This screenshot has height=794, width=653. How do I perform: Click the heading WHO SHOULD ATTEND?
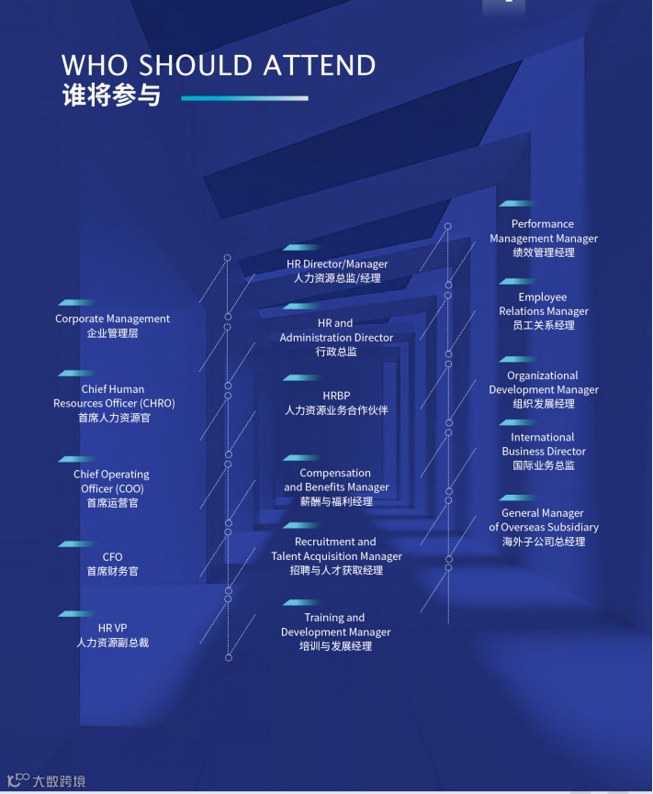(219, 66)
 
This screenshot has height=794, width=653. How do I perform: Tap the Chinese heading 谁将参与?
(112, 96)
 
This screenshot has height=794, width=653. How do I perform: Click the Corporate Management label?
(112, 319)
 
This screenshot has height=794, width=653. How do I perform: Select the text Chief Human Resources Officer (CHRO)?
(114, 397)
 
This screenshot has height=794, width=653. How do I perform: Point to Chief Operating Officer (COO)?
(112, 482)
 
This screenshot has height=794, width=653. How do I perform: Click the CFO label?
(112, 557)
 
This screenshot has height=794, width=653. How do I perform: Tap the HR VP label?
(112, 628)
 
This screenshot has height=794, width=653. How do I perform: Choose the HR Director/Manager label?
(337, 264)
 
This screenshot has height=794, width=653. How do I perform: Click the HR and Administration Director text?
(336, 330)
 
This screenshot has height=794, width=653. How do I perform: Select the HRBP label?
(336, 396)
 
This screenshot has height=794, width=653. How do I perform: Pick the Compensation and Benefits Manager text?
(336, 480)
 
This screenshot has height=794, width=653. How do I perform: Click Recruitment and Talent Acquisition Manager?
(336, 549)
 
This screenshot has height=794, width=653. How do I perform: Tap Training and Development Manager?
(335, 625)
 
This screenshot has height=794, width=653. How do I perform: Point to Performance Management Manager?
(543, 231)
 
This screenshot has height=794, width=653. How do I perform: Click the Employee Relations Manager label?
(543, 304)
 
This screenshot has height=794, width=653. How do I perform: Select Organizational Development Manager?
(543, 383)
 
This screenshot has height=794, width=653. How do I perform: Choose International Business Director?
(543, 444)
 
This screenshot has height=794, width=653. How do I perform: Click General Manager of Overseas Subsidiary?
(543, 520)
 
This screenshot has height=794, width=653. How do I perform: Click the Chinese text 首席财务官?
(112, 571)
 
